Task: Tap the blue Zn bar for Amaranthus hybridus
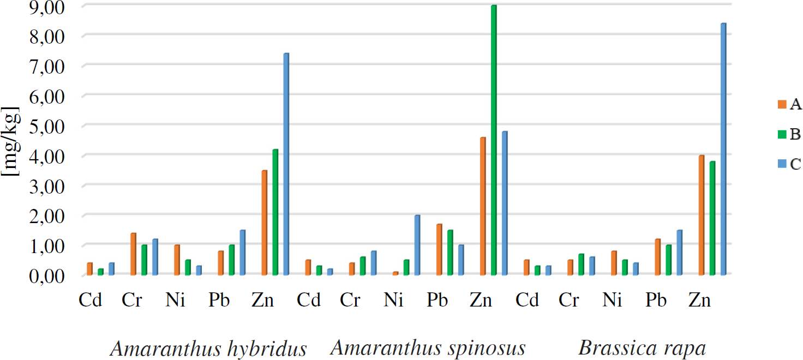point(286,164)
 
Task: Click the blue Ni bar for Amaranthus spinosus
point(417,245)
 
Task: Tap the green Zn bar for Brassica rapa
point(712,218)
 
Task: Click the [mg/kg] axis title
point(11,141)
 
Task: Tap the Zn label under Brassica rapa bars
point(700,301)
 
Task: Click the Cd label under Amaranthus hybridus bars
point(91,301)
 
